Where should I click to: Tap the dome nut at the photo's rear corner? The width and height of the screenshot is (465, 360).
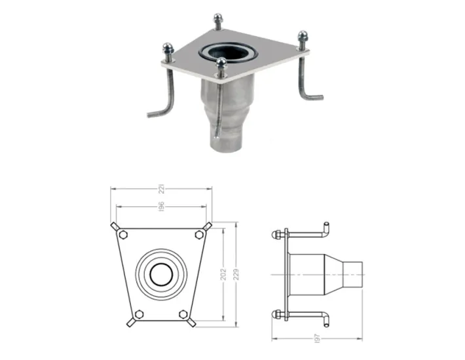pos(217,20)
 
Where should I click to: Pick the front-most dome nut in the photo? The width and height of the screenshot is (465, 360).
pos(223,63)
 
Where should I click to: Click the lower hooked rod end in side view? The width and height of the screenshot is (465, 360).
pos(325,319)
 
